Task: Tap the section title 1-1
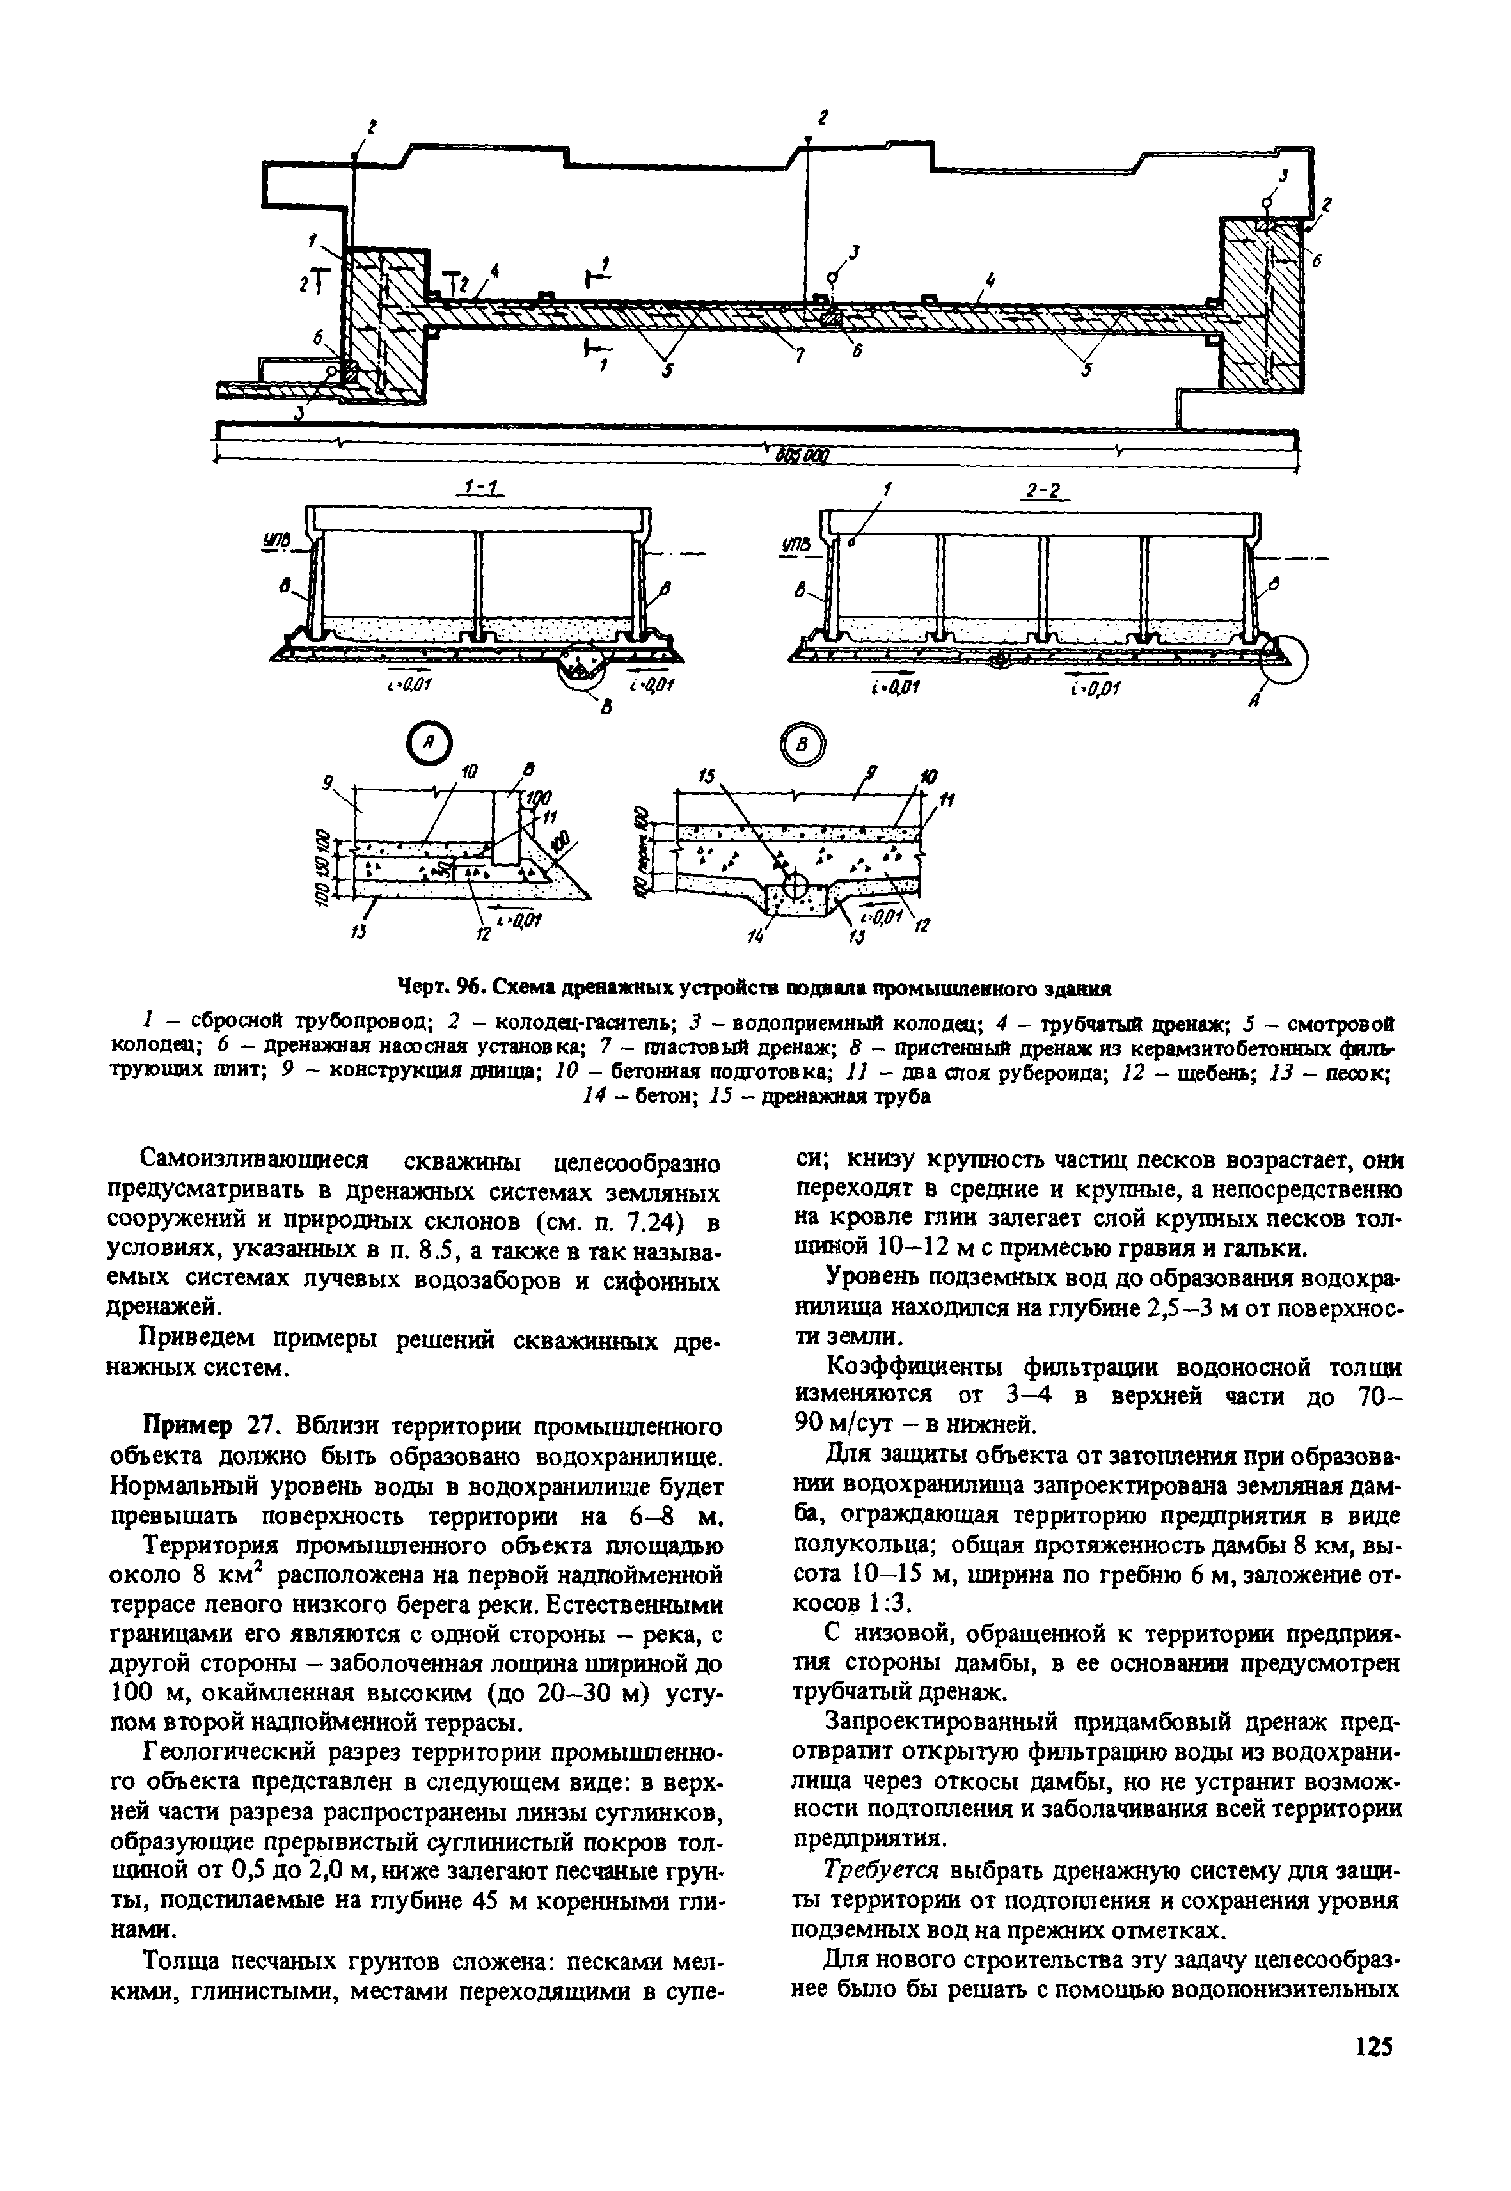point(482,489)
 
